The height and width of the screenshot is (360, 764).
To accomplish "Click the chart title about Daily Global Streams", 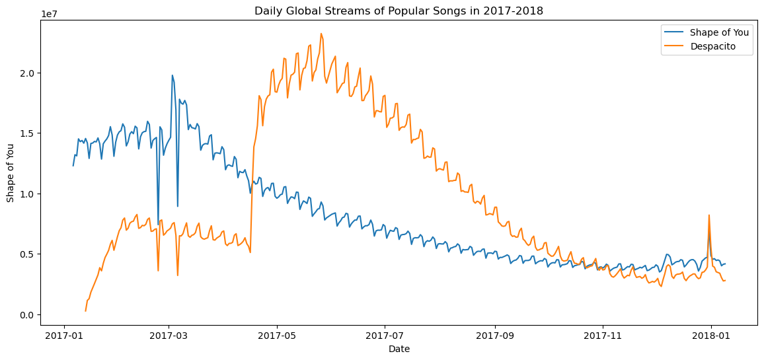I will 399,11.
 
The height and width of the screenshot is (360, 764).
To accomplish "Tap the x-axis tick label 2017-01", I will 64,336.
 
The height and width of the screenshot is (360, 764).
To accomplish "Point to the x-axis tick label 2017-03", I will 169,336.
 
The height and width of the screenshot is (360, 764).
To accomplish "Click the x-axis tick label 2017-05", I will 277,336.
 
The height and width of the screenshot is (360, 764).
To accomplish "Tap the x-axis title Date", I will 399,349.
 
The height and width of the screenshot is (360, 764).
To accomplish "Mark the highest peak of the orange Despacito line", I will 321,34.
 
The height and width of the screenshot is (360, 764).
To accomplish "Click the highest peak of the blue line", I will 172,75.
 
